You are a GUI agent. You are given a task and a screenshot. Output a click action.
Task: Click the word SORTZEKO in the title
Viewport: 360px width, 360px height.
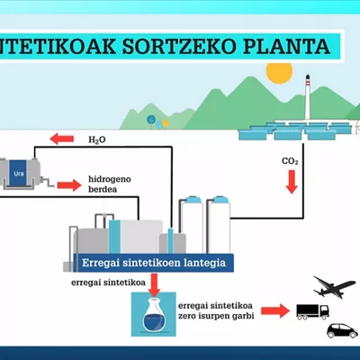(x=179, y=46)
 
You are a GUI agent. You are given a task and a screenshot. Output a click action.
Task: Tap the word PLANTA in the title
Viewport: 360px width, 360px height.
(x=286, y=46)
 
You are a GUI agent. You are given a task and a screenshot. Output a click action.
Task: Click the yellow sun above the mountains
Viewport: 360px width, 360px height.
(x=279, y=72)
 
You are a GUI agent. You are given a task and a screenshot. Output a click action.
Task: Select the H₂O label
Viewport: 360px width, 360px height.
(x=97, y=139)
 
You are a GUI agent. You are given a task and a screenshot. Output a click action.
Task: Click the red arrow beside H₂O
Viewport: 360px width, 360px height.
(x=62, y=139)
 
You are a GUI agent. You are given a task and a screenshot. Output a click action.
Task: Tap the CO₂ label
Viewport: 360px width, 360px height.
(x=290, y=161)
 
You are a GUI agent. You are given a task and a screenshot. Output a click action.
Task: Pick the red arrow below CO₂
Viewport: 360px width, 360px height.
(x=292, y=182)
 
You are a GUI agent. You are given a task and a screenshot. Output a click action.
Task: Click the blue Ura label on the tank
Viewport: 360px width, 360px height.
(x=19, y=174)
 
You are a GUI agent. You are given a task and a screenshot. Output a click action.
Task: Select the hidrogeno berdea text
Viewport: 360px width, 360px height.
(x=110, y=184)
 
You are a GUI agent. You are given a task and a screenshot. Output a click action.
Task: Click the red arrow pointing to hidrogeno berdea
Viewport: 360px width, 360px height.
(x=69, y=185)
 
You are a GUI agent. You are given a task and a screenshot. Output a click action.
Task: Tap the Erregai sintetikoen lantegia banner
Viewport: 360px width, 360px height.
(x=154, y=263)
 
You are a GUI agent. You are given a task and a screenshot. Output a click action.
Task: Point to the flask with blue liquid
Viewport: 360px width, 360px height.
(x=154, y=315)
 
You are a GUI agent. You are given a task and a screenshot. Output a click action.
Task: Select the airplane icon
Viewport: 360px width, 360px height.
(x=334, y=287)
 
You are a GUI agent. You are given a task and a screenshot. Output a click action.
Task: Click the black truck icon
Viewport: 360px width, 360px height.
(x=312, y=311)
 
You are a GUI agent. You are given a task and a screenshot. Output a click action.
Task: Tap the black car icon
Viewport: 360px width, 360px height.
(x=342, y=331)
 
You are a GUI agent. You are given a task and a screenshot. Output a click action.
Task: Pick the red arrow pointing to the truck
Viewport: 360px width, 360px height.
(x=275, y=310)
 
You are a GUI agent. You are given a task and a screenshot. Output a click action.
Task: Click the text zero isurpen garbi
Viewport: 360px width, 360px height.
(x=216, y=316)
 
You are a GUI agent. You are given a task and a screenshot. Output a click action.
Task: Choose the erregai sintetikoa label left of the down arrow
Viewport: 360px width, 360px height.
(x=108, y=283)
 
